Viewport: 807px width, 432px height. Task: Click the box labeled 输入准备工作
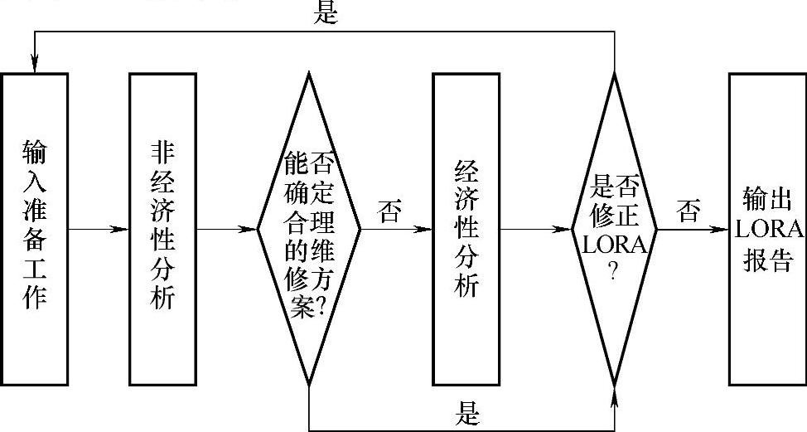pos(35,228)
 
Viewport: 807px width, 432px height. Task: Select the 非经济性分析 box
pos(162,228)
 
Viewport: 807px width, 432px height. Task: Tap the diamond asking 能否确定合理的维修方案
pos(308,228)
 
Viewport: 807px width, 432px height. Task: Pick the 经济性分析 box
pos(466,228)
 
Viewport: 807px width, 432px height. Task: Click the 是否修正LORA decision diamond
pos(614,228)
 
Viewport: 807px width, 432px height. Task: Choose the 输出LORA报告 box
pos(766,228)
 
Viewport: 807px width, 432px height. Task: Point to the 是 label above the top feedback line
pos(326,13)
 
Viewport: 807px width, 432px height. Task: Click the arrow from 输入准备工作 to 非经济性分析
pos(99,229)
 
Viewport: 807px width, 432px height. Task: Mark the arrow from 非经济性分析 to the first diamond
pos(225,229)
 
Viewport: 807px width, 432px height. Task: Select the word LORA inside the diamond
pos(614,245)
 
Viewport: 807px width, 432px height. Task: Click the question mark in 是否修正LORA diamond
pos(614,271)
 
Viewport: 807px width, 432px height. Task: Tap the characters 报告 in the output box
pos(766,260)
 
